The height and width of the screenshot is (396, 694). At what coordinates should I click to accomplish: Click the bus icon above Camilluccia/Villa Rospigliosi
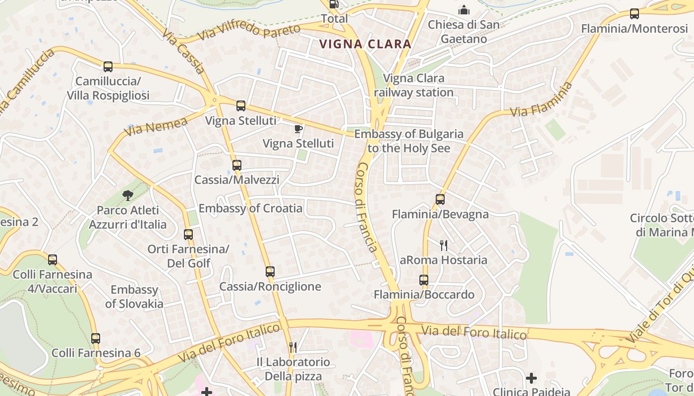[108, 66]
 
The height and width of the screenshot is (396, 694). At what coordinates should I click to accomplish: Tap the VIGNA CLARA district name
[365, 44]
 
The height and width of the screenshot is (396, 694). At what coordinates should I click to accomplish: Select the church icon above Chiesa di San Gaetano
[463, 10]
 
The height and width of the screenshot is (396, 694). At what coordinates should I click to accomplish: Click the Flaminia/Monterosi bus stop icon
[634, 14]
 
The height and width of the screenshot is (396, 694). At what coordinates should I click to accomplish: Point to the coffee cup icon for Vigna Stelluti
[298, 129]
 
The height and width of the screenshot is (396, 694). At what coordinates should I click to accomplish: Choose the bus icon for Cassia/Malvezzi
[237, 165]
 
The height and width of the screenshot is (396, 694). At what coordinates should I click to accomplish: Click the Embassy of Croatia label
[250, 208]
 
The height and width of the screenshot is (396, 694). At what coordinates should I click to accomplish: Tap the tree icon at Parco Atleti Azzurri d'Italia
[128, 196]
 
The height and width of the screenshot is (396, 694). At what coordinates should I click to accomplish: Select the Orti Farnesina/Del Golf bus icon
[188, 235]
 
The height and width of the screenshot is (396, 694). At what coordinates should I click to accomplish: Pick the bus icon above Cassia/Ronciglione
[270, 272]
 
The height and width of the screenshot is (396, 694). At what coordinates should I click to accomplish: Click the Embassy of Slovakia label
[134, 297]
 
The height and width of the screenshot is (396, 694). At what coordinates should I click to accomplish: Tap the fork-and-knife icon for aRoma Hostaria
[444, 245]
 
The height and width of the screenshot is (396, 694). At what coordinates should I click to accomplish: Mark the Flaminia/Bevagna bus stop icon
[440, 199]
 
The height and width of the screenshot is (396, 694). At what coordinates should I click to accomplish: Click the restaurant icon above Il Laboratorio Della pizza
[293, 347]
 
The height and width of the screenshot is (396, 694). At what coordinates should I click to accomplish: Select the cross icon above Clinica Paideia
[531, 379]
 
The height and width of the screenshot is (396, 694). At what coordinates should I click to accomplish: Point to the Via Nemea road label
[156, 126]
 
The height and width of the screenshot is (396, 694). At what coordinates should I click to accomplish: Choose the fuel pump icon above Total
[335, 4]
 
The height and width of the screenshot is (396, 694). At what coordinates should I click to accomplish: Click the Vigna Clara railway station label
[413, 85]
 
